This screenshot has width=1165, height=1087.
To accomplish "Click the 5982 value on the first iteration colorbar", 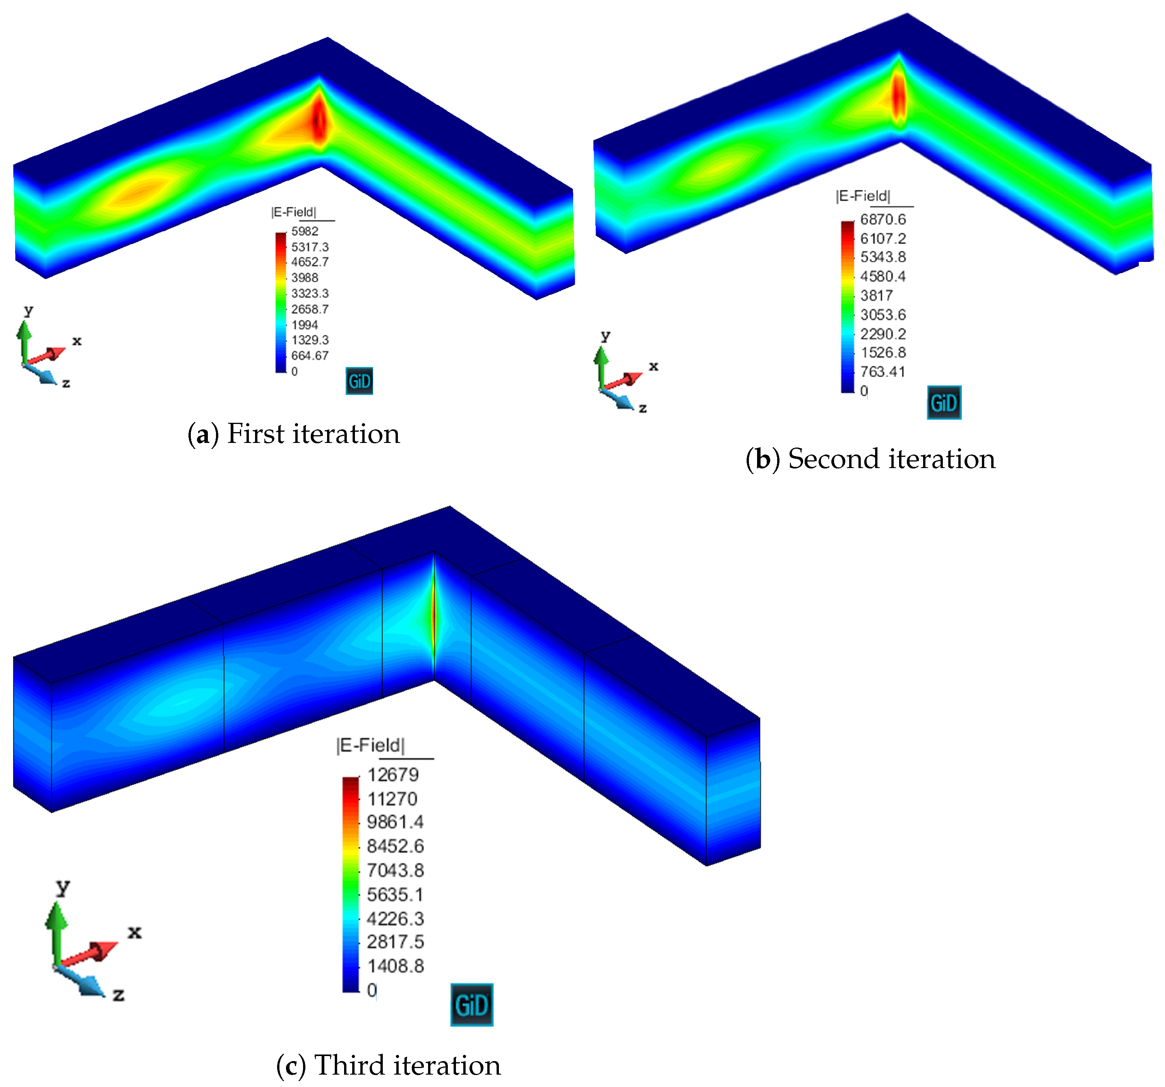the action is point(305,231).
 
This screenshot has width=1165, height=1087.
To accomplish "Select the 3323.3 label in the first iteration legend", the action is point(310,294).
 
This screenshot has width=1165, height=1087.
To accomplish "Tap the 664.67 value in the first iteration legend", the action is point(310,355).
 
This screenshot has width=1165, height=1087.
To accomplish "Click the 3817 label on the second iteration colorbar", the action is point(876,296).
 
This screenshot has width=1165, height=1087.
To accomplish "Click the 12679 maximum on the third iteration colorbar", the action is point(392,775).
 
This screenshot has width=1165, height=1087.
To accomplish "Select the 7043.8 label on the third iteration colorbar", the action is point(395,870).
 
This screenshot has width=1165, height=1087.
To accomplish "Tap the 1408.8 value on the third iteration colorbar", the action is point(395,966).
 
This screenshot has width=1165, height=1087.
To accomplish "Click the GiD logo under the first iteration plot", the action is point(359,381).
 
